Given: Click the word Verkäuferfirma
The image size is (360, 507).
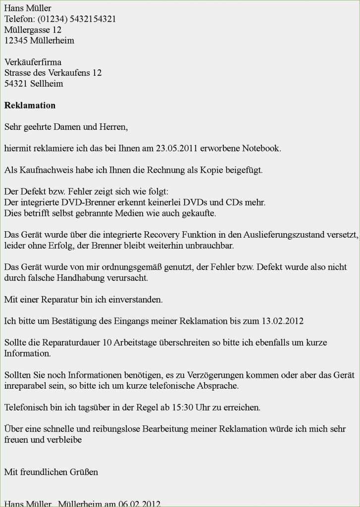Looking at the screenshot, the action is pos(33,62).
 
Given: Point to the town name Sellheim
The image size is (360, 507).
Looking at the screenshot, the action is pos(47,84).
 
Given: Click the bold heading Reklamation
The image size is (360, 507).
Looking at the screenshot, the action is pos(30,105).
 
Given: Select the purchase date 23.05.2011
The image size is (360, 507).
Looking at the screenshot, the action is pos(176,149).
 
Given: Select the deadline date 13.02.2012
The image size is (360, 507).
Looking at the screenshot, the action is pos(282,321).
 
